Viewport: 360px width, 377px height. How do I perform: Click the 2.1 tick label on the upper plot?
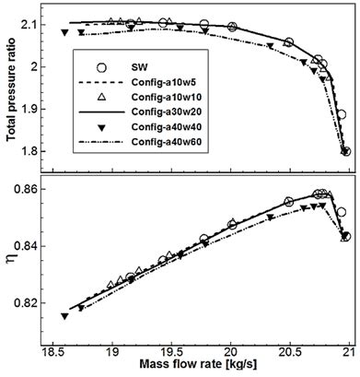(x=40, y=25)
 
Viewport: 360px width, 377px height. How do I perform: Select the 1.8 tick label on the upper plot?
(x=40, y=150)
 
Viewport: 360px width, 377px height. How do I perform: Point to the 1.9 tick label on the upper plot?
(x=40, y=109)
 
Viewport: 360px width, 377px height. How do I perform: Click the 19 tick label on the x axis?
(x=112, y=351)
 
